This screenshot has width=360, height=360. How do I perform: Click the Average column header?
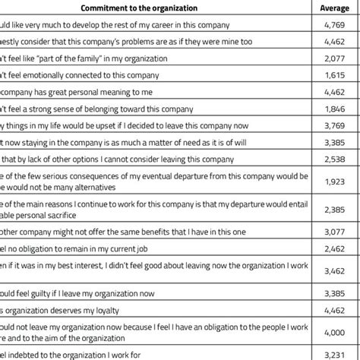tap(336, 9)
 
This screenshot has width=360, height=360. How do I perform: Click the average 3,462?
tap(336, 269)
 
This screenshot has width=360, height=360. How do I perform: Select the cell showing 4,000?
tap(336, 332)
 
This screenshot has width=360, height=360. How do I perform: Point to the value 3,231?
tap(336, 353)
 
